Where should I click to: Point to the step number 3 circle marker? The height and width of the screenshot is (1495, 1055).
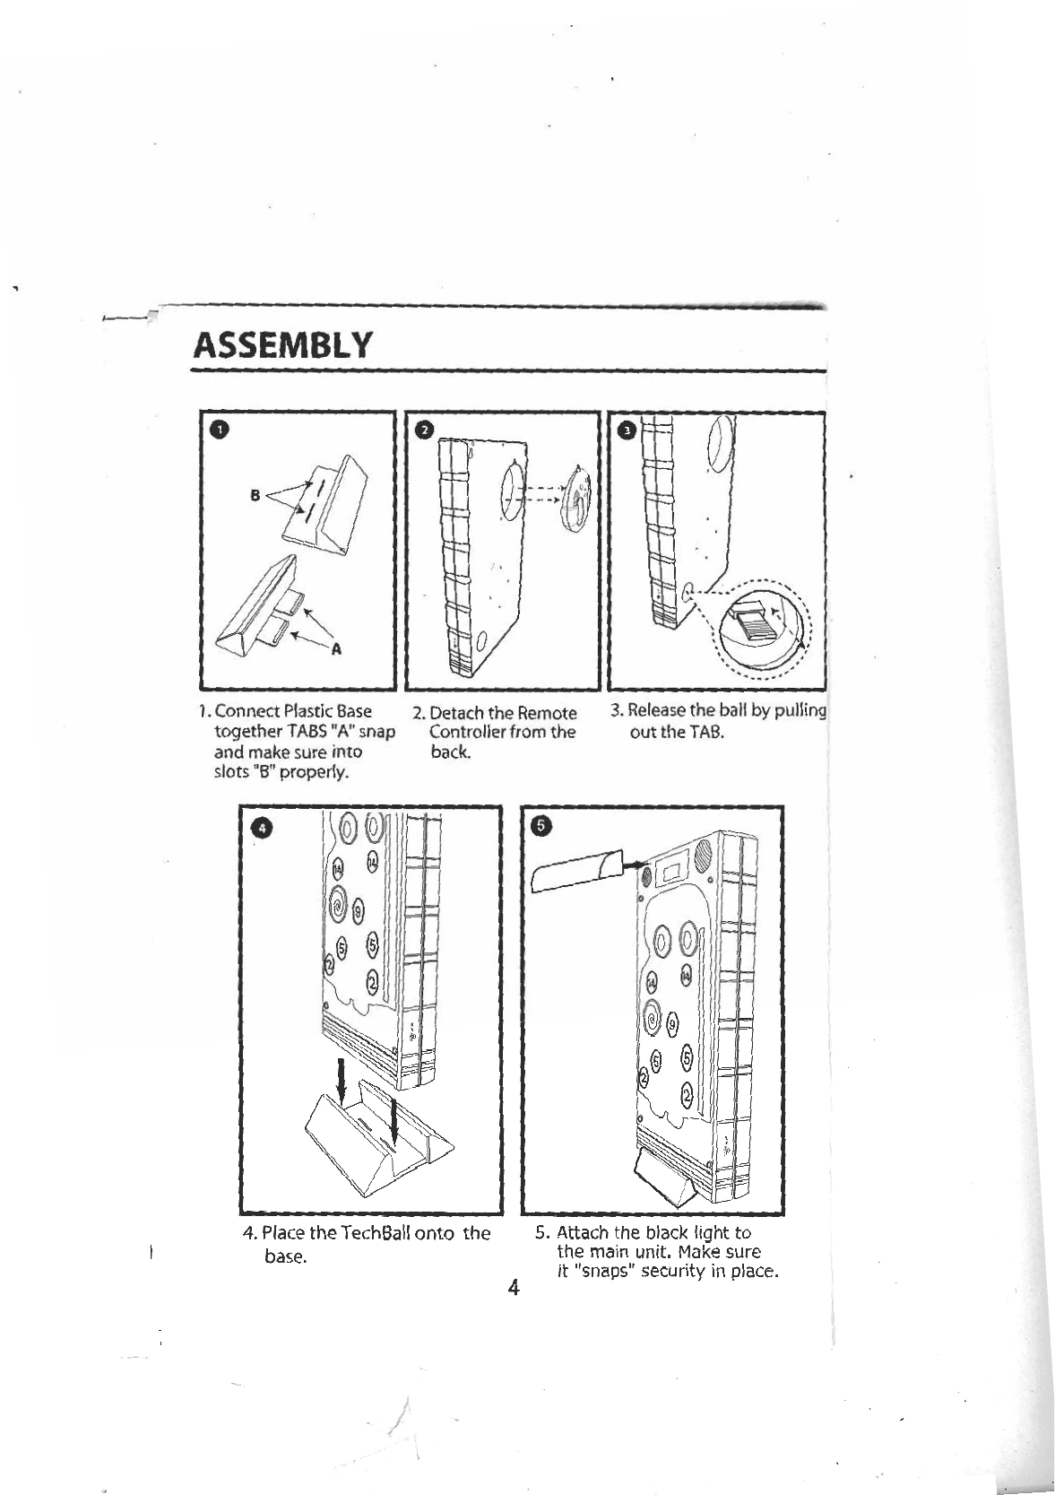pyautogui.click(x=628, y=431)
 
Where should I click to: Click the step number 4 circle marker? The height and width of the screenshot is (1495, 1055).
pyautogui.click(x=261, y=828)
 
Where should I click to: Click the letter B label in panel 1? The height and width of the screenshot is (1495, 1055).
pyautogui.click(x=255, y=494)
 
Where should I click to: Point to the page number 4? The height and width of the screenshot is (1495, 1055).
pyautogui.click(x=513, y=1289)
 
